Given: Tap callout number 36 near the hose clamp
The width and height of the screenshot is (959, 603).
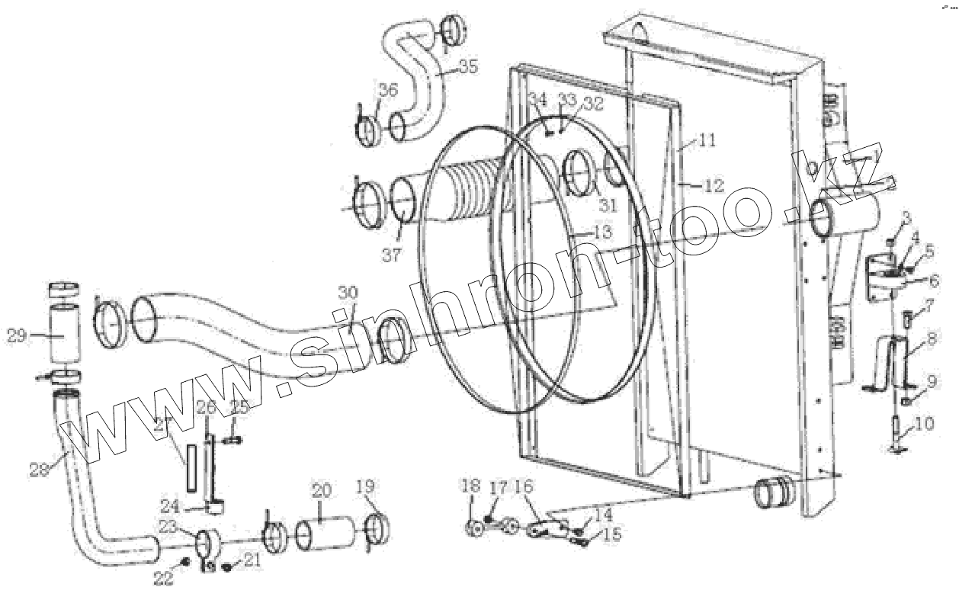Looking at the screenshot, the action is tap(388, 90).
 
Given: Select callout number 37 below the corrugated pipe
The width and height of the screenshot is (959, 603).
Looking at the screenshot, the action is tap(392, 255).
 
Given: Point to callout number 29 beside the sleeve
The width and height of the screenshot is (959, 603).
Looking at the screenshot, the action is tap(17, 335).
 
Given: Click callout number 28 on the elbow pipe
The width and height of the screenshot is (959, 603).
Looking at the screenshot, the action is tap(39, 471).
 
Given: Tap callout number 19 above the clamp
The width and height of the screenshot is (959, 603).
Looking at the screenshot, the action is tap(366, 486).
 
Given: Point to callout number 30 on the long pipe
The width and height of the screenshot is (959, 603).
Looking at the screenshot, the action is tap(348, 293).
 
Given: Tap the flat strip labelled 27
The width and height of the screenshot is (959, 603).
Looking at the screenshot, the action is tap(189, 467).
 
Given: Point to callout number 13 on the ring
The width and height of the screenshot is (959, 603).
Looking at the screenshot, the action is tap(601, 231).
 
